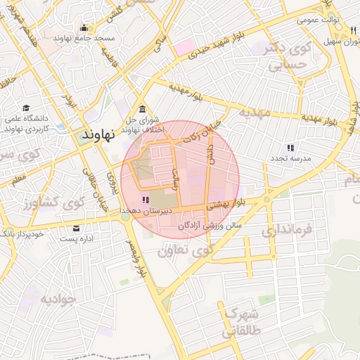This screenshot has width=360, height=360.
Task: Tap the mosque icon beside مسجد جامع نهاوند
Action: pos(84,29)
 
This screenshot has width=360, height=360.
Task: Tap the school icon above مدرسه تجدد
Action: pos(290,148)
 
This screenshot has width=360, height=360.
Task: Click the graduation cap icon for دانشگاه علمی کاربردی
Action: pos(27,108)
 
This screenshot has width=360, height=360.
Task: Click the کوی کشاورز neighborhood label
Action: pos(43,205)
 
